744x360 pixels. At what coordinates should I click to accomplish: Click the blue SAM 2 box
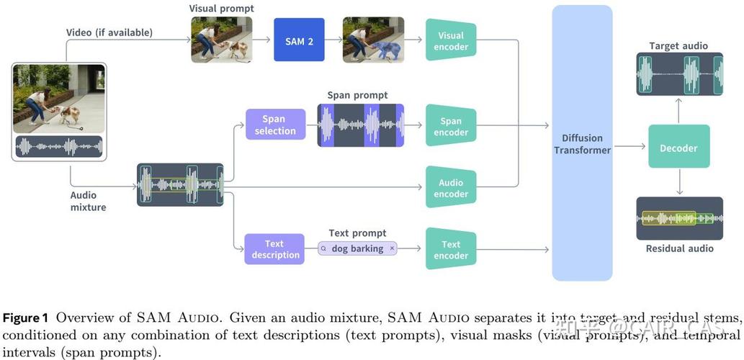pyautogui.click(x=299, y=42)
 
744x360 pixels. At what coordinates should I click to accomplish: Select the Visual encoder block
pyautogui.click(x=451, y=42)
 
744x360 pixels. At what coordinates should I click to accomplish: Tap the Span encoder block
pyautogui.click(x=451, y=127)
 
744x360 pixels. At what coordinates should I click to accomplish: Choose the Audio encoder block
pyautogui.click(x=451, y=188)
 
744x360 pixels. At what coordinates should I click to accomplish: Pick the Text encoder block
pyautogui.click(x=451, y=250)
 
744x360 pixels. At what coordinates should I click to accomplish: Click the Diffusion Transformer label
pyautogui.click(x=582, y=144)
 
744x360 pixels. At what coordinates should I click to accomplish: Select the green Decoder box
pyautogui.click(x=678, y=148)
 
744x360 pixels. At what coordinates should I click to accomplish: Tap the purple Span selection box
pyautogui.click(x=275, y=125)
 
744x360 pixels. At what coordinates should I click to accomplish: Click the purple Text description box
pyautogui.click(x=275, y=249)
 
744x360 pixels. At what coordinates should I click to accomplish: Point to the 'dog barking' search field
pyautogui.click(x=358, y=248)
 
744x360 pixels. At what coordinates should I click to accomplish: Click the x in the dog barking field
pyautogui.click(x=392, y=248)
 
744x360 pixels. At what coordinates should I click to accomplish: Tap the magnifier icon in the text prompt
pyautogui.click(x=324, y=248)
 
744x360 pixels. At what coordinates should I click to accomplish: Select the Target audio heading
pyautogui.click(x=678, y=46)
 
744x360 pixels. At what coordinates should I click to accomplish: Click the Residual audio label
pyautogui.click(x=678, y=248)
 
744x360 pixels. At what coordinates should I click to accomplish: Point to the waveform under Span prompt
pyautogui.click(x=360, y=125)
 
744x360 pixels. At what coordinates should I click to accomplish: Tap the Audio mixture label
pyautogui.click(x=88, y=201)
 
